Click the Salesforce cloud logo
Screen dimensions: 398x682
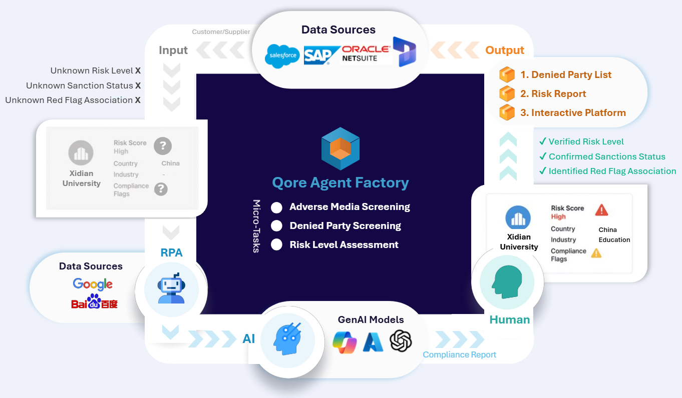(282, 56)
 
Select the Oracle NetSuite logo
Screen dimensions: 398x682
(366, 53)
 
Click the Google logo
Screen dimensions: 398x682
(93, 284)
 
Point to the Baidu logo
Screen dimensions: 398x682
(94, 302)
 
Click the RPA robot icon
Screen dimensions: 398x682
(171, 289)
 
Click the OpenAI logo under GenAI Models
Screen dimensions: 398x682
(401, 341)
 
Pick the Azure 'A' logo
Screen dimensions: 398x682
(373, 341)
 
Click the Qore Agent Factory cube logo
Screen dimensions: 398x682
(340, 149)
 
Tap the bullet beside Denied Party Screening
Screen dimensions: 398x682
(276, 226)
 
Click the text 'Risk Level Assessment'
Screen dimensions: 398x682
(344, 244)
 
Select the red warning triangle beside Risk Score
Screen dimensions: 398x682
(601, 210)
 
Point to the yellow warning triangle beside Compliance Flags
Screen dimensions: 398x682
(596, 253)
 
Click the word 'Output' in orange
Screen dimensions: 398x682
(505, 50)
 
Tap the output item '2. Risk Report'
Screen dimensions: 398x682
(553, 94)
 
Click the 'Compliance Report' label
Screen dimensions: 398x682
(459, 354)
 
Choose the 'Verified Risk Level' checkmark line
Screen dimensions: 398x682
(581, 141)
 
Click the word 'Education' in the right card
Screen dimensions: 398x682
(614, 239)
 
